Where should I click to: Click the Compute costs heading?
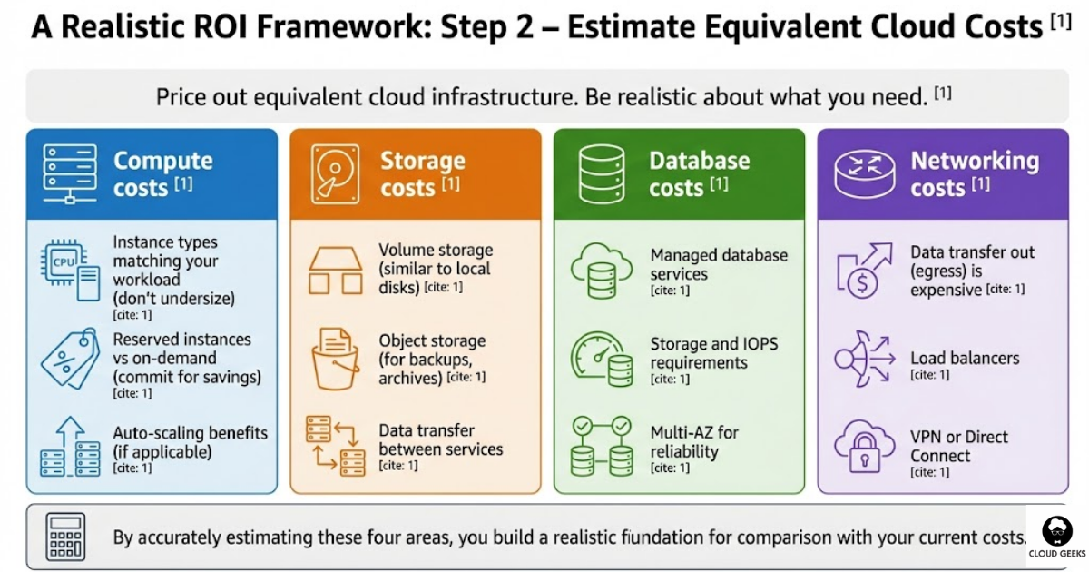162,173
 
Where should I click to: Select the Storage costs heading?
422,173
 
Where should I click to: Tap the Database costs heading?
699,173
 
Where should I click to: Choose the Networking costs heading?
974,173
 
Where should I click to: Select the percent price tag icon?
70,359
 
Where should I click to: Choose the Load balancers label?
965,358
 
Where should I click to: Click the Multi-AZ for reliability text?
694,441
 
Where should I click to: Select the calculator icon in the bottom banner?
65,537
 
